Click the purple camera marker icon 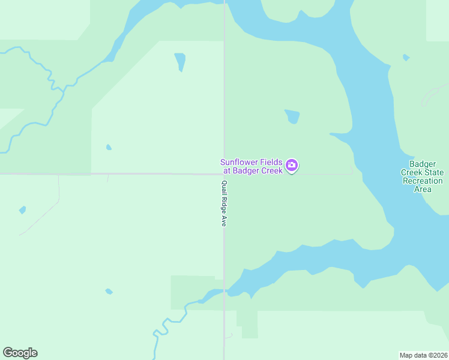(x=292, y=166)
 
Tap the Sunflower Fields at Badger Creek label (x=252, y=166)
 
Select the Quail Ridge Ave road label (x=224, y=203)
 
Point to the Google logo (x=20, y=353)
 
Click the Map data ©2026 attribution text (x=423, y=355)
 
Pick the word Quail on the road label (x=224, y=187)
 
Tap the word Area (x=423, y=189)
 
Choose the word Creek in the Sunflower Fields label (x=271, y=171)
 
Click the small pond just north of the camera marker (x=292, y=116)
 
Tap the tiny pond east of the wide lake (x=406, y=58)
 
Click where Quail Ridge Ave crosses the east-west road (x=224, y=174)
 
